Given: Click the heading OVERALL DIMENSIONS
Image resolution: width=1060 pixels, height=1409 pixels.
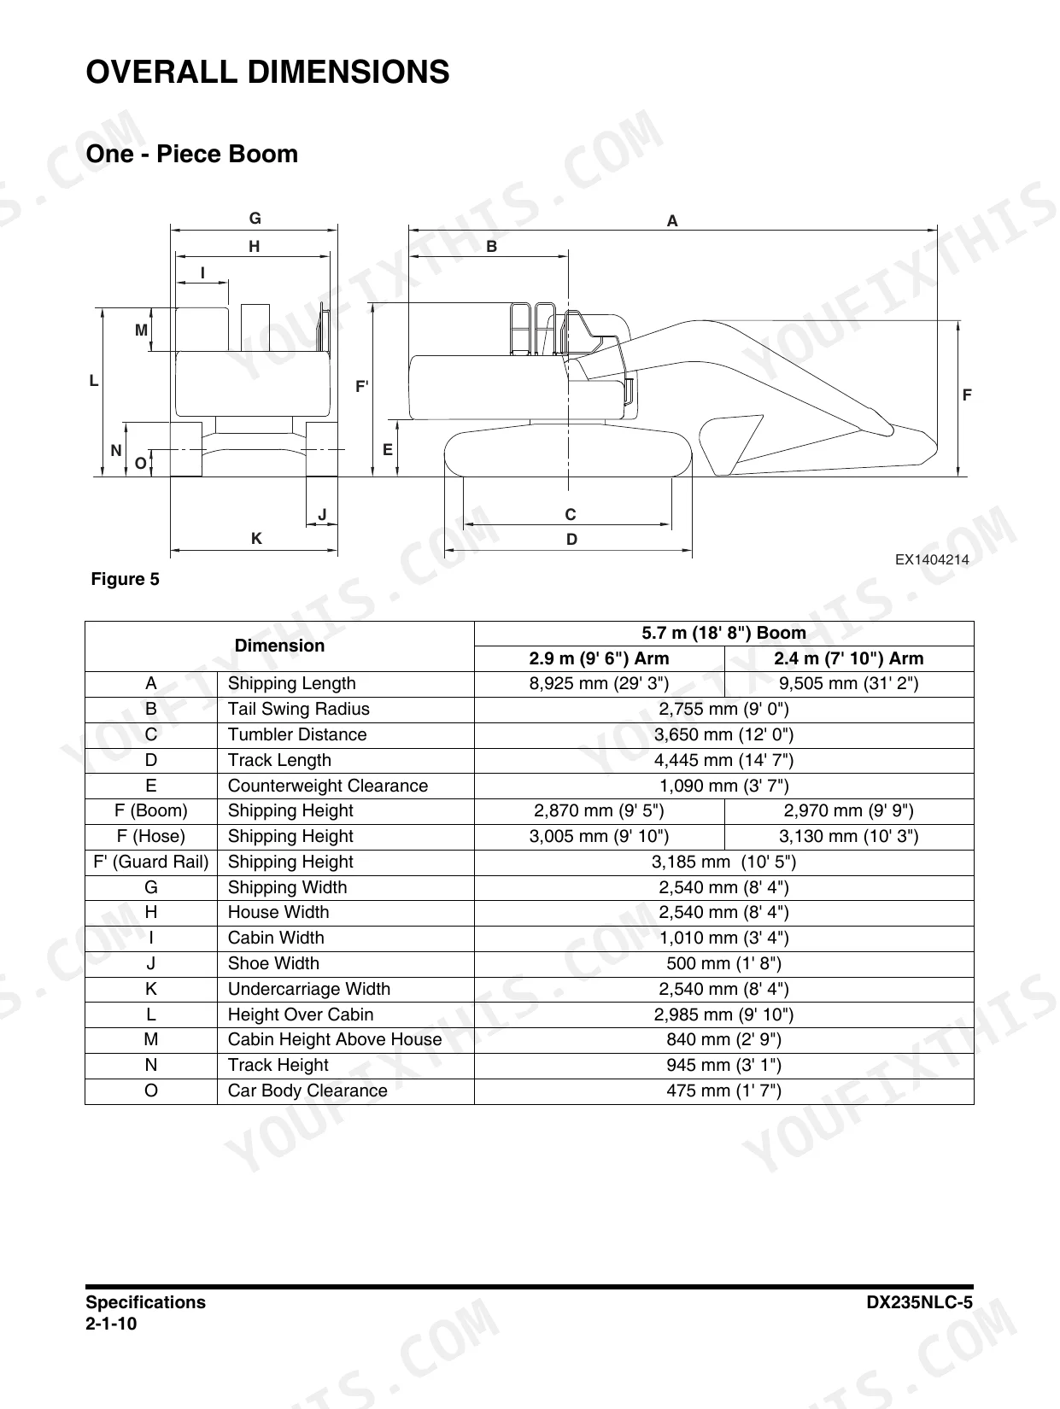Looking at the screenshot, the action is pos(267,72).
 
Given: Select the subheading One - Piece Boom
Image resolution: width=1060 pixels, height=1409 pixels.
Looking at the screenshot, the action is pos(192,154).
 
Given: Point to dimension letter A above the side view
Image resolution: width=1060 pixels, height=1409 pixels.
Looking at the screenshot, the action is pos(672,221).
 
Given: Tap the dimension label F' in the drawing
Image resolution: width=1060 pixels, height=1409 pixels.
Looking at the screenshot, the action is pos(362,387).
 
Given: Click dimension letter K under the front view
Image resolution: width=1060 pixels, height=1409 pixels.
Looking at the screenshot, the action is pos(256,539).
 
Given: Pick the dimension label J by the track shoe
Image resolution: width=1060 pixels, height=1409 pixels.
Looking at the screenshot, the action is pos(322,515).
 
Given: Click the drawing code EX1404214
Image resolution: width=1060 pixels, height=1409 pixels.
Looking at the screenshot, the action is pos(932,559).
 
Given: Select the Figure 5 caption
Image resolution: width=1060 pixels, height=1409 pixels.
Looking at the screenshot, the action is pos(126,579).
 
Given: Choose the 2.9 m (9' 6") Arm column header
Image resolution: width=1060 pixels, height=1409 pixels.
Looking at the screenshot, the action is pos(599,658).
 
